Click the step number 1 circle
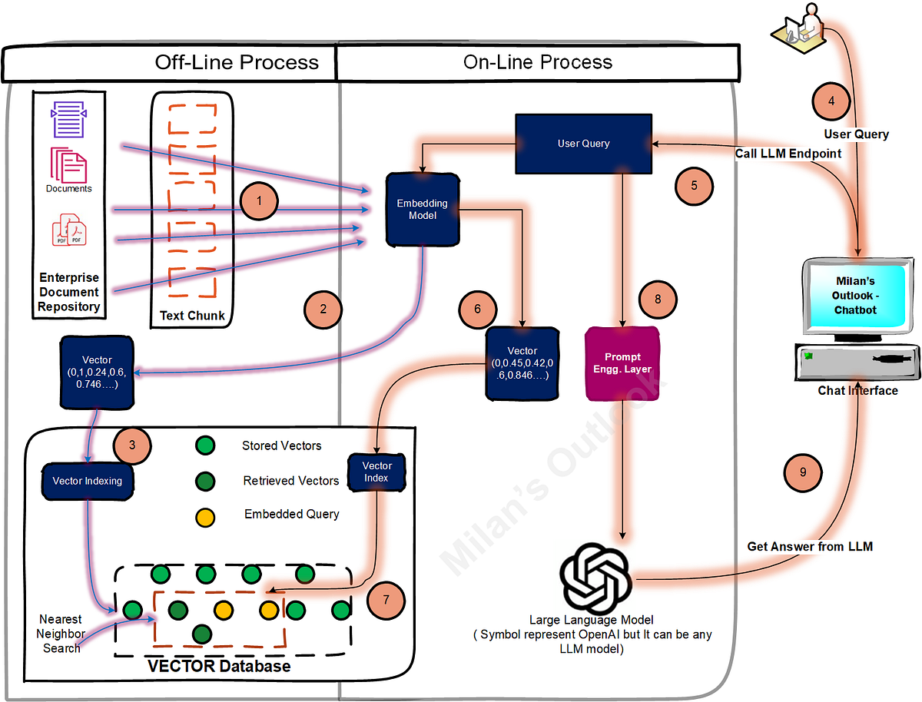[259, 201]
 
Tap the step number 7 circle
[386, 601]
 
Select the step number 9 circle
[803, 472]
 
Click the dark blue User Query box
[583, 144]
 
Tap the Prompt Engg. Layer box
[622, 363]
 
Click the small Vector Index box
[376, 472]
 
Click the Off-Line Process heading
[237, 62]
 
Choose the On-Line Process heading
[538, 62]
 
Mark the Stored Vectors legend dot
[204, 445]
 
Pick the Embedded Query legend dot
[204, 515]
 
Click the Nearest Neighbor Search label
[61, 634]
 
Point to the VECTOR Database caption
[219, 665]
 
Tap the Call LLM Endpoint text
[788, 154]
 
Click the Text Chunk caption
[192, 316]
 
